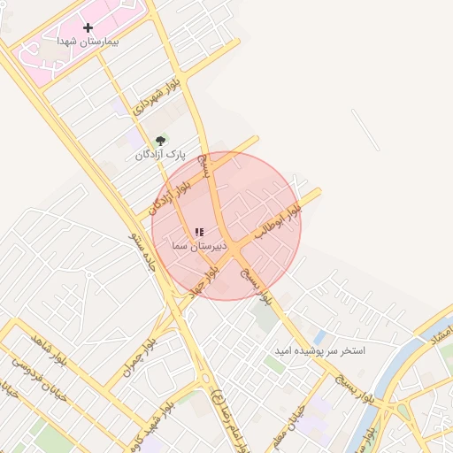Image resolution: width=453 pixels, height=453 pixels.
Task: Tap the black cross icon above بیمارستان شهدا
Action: click(88, 28)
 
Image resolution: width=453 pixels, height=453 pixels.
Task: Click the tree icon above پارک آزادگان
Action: click(160, 141)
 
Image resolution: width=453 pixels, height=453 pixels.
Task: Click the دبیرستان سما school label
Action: click(199, 245)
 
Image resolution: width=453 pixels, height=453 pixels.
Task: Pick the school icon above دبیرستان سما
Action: click(199, 232)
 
